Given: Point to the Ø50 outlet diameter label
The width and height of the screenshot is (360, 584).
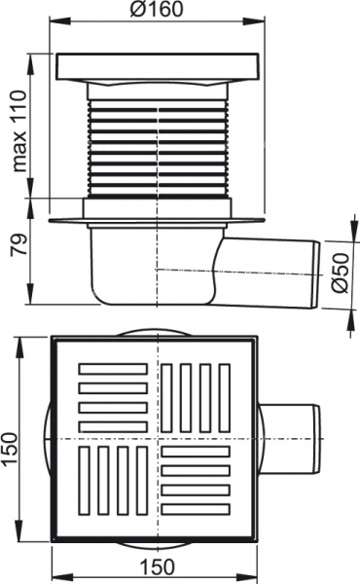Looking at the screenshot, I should (x=338, y=275).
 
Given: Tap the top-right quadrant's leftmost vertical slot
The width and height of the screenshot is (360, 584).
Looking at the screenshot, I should (x=166, y=397).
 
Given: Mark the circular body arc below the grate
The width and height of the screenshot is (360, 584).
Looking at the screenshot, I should (x=156, y=548).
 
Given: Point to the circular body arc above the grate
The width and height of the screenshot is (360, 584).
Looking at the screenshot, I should (x=156, y=330).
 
